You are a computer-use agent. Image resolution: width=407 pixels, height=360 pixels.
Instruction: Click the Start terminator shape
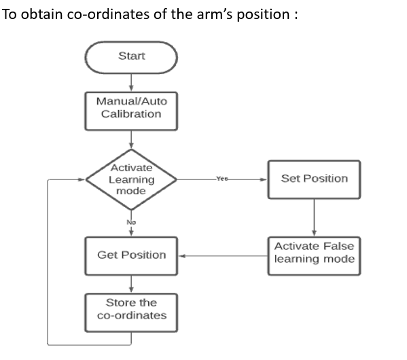[131, 56]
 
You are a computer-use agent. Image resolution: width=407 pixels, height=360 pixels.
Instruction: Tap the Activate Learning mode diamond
[131, 180]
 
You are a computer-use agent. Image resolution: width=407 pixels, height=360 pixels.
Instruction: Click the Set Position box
[314, 179]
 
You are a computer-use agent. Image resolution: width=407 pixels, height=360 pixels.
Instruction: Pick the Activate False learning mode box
[314, 253]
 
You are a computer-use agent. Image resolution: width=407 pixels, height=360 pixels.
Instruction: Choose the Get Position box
[131, 255]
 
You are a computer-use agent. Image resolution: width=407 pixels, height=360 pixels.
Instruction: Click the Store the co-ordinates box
[131, 309]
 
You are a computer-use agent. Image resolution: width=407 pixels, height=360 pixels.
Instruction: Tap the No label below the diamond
[131, 221]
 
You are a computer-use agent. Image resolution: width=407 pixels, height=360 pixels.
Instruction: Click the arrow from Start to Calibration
[131, 82]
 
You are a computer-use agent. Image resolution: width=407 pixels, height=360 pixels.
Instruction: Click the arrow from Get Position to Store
[131, 284]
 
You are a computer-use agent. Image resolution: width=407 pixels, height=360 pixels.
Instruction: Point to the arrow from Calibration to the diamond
[131, 139]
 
